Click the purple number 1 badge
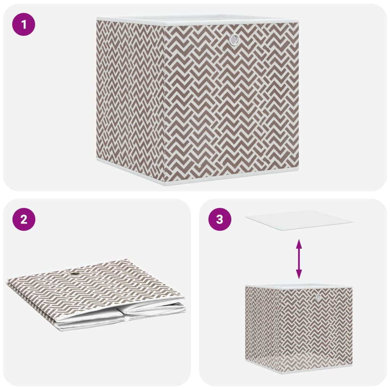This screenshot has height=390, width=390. (x=24, y=24)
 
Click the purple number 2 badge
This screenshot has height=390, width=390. (x=24, y=219)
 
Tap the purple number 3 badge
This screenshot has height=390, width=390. (x=220, y=219)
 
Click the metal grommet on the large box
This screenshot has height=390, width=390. (x=234, y=39)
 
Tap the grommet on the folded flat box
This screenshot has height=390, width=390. (x=75, y=274)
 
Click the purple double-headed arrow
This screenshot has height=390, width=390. (x=299, y=259)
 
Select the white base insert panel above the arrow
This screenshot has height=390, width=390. (x=299, y=220)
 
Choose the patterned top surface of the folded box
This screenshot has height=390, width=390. (x=95, y=286)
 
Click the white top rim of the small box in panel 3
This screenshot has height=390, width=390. (x=299, y=286)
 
